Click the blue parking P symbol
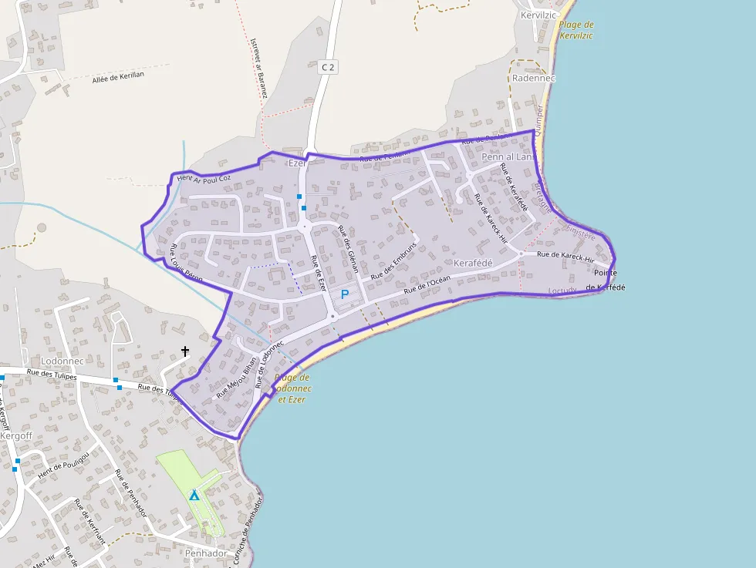tap(345, 294)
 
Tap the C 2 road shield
tap(328, 67)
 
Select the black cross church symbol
tap(185, 351)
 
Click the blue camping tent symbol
tap(194, 495)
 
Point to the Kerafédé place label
tap(473, 264)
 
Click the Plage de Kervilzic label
tap(576, 30)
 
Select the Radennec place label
tap(534, 78)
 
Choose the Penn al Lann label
tap(508, 156)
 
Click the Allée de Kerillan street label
tap(118, 79)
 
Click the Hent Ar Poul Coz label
tap(204, 178)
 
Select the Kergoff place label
tap(16, 435)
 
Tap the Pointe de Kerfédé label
tap(606, 280)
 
